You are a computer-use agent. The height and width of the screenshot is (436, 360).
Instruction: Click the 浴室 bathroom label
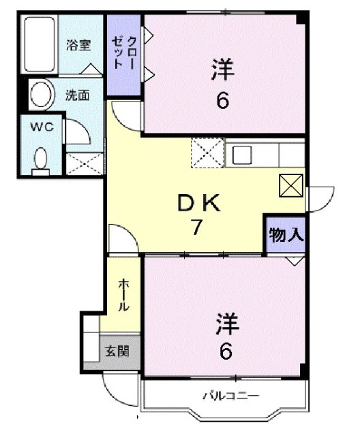pyautogui.click(x=78, y=45)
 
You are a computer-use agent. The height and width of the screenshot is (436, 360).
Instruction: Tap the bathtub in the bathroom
pyautogui.click(x=40, y=44)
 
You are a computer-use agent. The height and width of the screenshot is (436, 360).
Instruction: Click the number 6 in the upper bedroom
pyautogui.click(x=222, y=102)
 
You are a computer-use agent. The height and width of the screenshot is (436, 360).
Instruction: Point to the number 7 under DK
pyautogui.click(x=196, y=228)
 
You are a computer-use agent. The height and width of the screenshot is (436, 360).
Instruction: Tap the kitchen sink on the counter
pyautogui.click(x=243, y=155)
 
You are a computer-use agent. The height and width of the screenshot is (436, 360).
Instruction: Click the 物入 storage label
pyautogui.click(x=285, y=236)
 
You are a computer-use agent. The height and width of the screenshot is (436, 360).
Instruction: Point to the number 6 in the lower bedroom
pyautogui.click(x=226, y=352)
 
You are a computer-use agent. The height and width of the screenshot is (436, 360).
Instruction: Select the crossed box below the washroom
pyautogui.click(x=85, y=164)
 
